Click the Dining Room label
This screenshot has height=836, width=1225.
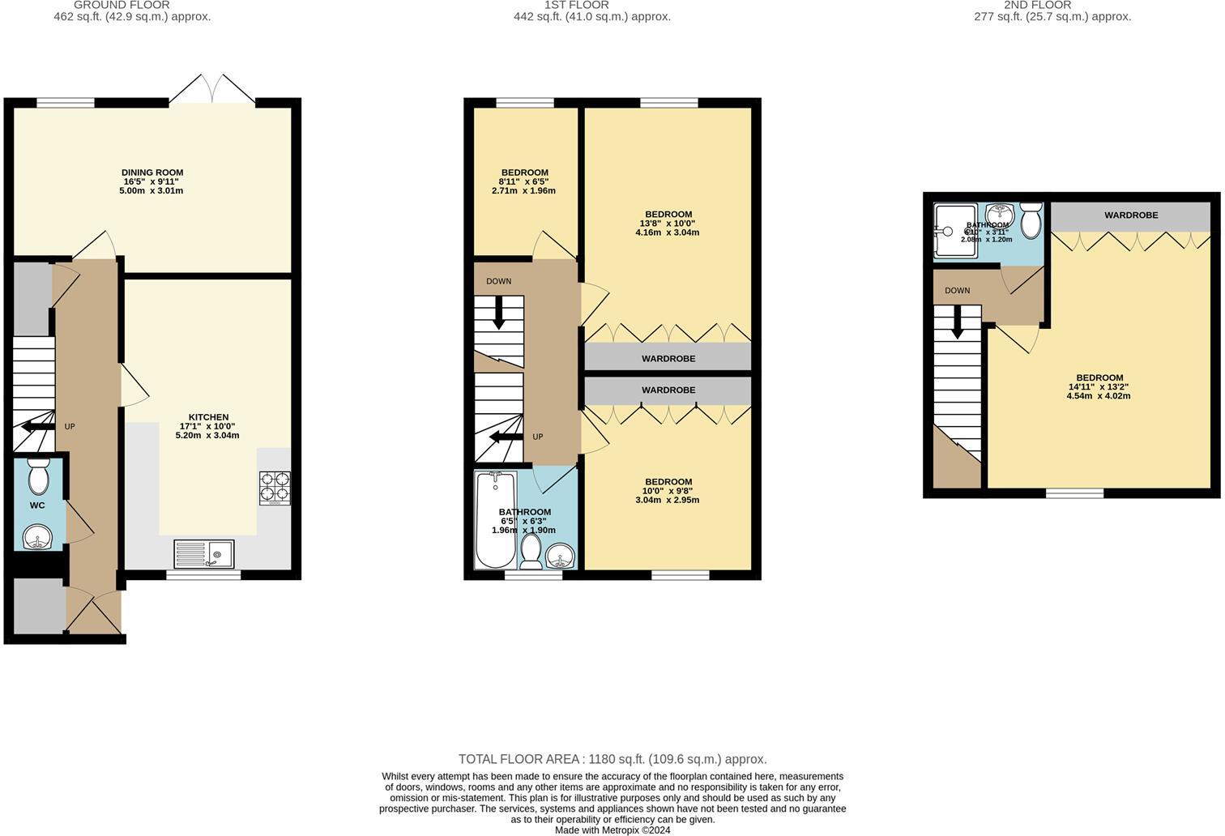coord(152,173)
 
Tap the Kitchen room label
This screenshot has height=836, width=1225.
coord(208,417)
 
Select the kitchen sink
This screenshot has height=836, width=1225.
coord(203,554)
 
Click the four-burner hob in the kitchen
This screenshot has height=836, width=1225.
coord(274,487)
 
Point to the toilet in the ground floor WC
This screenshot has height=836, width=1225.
coord(38,477)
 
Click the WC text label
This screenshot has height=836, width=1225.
coord(37,505)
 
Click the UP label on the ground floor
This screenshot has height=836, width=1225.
coord(70,426)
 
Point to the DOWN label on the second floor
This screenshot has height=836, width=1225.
coord(957,291)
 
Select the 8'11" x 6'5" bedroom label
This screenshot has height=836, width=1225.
coord(524,173)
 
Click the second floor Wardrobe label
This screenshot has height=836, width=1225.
coord(1130,215)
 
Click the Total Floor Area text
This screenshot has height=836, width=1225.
coord(612,759)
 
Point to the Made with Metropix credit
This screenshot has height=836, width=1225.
coord(612,830)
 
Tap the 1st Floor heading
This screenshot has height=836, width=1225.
coord(576,5)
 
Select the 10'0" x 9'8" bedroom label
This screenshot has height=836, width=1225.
coord(668,482)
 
